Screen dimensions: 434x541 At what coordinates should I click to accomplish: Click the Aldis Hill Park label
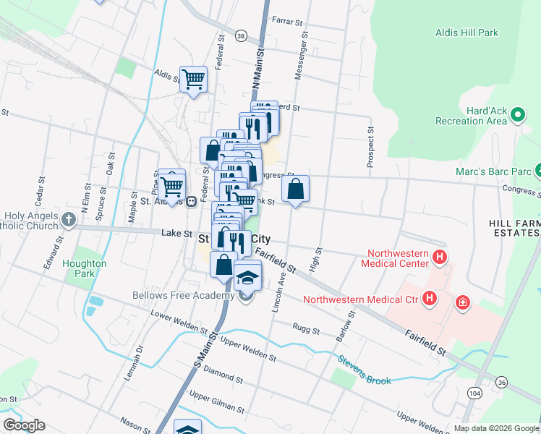pos(467,33)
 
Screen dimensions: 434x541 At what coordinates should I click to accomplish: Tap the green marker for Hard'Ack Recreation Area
pos(517,114)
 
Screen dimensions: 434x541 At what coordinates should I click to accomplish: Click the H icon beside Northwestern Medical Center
pos(438,258)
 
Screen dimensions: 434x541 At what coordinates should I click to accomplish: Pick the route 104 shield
pos(474,392)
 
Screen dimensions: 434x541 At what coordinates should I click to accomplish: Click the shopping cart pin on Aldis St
pos(193,78)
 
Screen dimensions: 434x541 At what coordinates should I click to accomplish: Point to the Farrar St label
pos(286,22)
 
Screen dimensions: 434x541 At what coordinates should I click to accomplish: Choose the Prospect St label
pos(370,148)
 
